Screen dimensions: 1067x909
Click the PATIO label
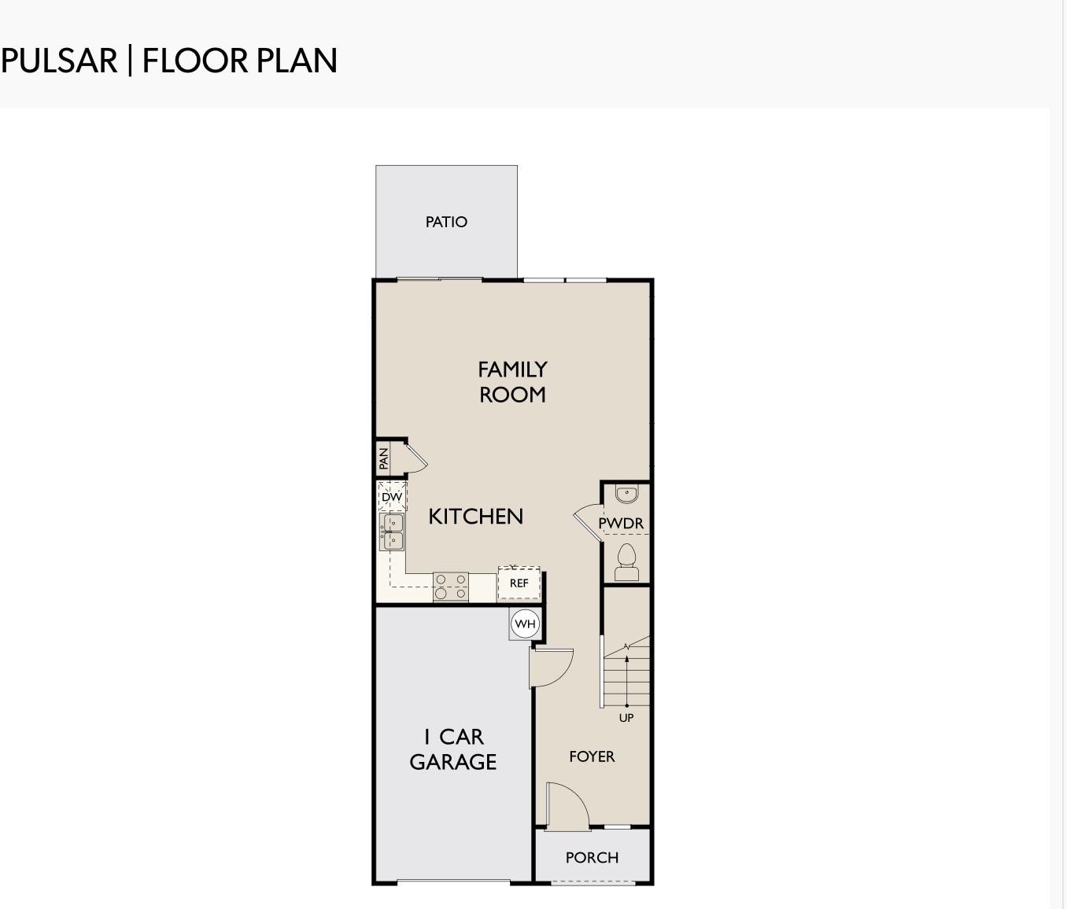(446, 222)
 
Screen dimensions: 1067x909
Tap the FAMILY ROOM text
(512, 381)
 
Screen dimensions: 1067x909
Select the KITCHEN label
(475, 517)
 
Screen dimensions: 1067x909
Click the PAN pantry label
(383, 458)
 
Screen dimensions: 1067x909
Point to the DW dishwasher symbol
(393, 497)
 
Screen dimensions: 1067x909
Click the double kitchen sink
(392, 532)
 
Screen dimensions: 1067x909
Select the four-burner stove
(451, 587)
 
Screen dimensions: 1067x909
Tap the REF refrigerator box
(519, 583)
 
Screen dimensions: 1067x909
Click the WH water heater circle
(525, 624)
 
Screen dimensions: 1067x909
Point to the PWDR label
(621, 523)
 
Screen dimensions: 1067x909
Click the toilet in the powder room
(626, 561)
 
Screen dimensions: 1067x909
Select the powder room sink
(626, 494)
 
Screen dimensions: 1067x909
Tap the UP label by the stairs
(626, 718)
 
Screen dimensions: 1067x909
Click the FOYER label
(592, 756)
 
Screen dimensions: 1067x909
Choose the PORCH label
(592, 857)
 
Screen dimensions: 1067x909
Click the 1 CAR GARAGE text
(452, 749)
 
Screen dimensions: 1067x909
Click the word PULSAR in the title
(59, 61)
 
